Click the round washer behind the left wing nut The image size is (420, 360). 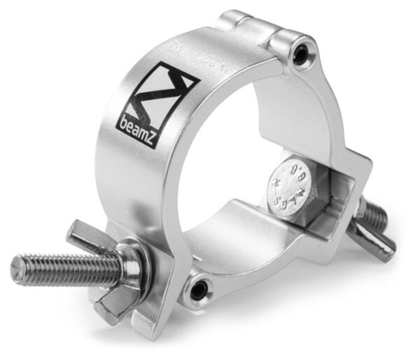point(130,265)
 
